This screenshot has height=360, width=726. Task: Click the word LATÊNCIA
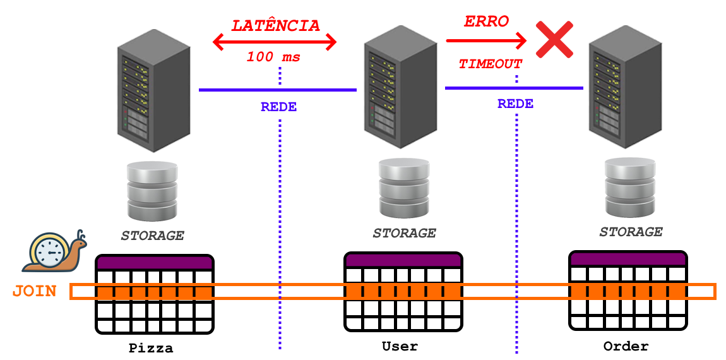[x=275, y=26]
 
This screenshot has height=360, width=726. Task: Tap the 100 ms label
[x=273, y=57]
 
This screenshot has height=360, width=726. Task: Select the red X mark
[x=554, y=40]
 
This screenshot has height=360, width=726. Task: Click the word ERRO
[x=486, y=21]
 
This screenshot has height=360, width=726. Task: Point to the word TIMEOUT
[x=491, y=64]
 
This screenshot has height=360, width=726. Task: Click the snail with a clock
[x=54, y=251]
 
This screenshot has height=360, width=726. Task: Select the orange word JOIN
[x=34, y=291]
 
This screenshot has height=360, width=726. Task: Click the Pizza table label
[x=151, y=348]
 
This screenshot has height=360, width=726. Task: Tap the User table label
[x=400, y=346]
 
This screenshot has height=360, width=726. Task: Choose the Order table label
[x=626, y=346]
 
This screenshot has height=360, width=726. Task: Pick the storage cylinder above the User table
[x=404, y=188]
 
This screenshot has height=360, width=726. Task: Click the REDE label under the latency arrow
[x=278, y=107]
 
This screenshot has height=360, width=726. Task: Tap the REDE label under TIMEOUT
[x=515, y=104]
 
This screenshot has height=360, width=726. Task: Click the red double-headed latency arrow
[x=275, y=42]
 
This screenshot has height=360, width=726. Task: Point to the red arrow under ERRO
[x=486, y=40]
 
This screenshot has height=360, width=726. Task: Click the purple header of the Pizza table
[x=155, y=263]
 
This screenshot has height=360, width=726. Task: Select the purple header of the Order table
[x=628, y=258]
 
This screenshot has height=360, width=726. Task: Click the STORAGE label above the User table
[x=404, y=233]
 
